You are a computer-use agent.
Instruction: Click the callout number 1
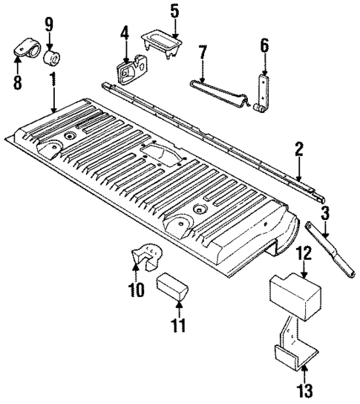coord(53,78)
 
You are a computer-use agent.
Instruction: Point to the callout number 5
coord(174,12)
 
